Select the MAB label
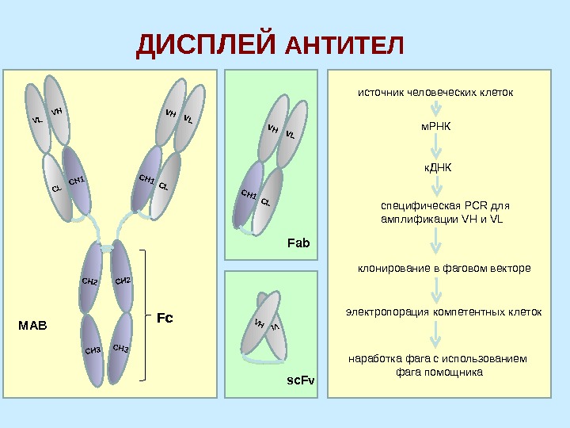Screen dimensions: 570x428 coord(32,326)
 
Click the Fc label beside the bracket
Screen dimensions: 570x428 coord(165,318)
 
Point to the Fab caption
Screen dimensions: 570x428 coord(298,243)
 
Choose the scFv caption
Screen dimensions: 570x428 coord(300,381)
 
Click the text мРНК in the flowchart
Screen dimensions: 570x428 coord(433,127)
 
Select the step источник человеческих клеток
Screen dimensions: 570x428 coord(435,93)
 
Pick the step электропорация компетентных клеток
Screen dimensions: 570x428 coord(443,312)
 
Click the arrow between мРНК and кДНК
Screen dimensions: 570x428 coord(434,147)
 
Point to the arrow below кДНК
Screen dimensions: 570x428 coord(434,188)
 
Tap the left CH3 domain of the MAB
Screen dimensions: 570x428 coord(92,349)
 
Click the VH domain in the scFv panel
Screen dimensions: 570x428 coord(259,327)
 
